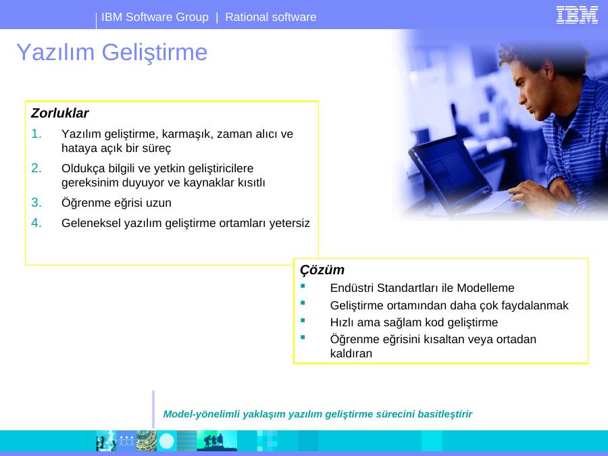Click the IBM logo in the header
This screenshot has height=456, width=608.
coord(577,15)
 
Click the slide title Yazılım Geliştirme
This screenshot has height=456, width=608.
coord(112,52)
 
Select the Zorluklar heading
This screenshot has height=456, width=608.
coord(59,113)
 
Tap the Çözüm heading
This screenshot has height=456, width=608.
coord(322,270)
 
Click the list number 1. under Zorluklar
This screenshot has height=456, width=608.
coord(36,134)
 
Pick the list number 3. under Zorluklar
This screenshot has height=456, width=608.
coord(36,203)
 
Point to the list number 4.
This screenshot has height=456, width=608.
coord(36,223)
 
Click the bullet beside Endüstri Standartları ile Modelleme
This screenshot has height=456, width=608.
coord(303,286)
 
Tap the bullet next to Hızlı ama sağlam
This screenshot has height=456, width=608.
coord(303,320)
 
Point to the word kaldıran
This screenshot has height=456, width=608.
coord(351,353)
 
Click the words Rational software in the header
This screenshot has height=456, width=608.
coord(271,17)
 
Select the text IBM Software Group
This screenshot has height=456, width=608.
coord(155,17)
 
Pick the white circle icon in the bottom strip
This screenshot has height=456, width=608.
coord(167,441)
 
